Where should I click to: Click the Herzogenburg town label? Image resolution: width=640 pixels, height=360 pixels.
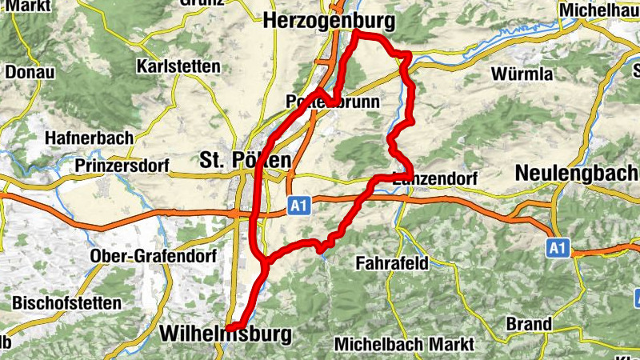[x=330, y=18]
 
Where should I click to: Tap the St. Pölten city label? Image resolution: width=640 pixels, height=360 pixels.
[x=246, y=159]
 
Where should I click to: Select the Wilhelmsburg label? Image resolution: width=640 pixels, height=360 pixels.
[x=226, y=334]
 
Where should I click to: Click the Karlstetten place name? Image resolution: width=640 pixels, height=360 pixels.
[x=178, y=66]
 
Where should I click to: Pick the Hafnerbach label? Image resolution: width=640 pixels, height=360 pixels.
[x=90, y=137]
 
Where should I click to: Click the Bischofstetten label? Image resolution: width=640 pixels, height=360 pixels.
[x=66, y=303]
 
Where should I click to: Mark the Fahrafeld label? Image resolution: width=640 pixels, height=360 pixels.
[x=393, y=262]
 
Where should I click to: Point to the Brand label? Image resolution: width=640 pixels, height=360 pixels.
[x=529, y=324]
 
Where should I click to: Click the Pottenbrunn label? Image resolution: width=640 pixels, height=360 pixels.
[x=325, y=102]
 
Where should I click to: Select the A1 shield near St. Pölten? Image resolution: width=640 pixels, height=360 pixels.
[x=298, y=207]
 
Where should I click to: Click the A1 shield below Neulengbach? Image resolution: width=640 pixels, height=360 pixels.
[x=558, y=249]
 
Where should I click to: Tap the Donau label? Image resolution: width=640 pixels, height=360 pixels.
[x=30, y=72]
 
